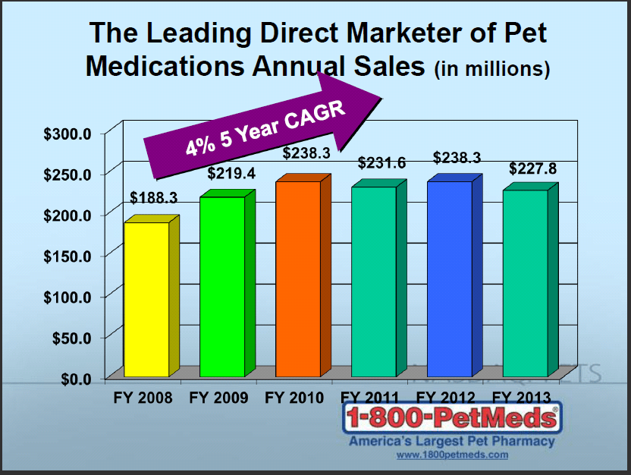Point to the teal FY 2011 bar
[x=373, y=282]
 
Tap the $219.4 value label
[x=231, y=174]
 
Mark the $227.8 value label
[x=532, y=168]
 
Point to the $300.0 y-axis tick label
[x=66, y=134]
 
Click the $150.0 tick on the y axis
[x=66, y=256]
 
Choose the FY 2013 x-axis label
[x=523, y=398]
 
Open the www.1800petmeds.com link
[x=452, y=455]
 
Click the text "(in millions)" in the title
[x=491, y=69]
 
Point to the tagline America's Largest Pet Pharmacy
[x=452, y=442]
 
